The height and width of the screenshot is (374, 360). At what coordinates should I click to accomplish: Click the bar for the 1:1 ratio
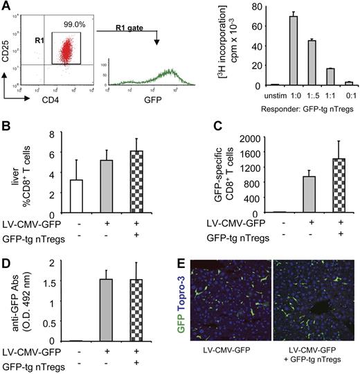(x=330, y=76)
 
